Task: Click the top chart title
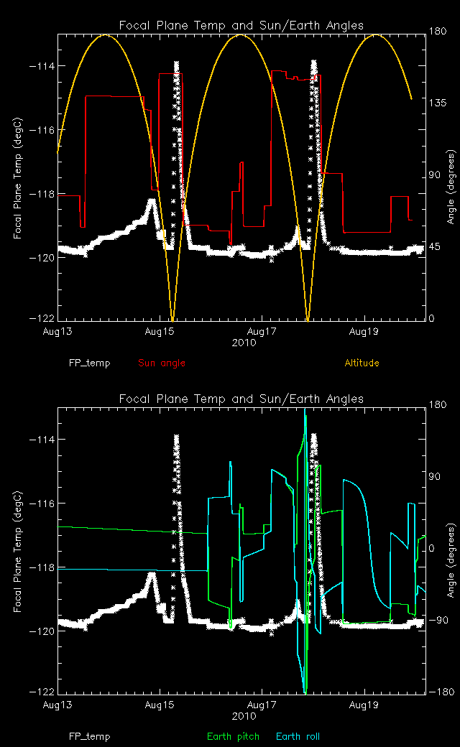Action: (x=241, y=25)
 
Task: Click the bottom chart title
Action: (x=241, y=399)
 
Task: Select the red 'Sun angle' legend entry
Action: (x=162, y=363)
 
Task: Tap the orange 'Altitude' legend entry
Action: (x=362, y=363)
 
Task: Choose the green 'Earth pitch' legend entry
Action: (x=233, y=736)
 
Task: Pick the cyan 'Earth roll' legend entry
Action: (x=298, y=736)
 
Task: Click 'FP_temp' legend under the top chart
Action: (x=90, y=363)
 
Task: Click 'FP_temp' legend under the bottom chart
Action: (x=90, y=736)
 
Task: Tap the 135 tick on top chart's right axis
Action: (x=438, y=103)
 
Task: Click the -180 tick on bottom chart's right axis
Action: (x=439, y=692)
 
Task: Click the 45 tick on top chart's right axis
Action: (x=436, y=246)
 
